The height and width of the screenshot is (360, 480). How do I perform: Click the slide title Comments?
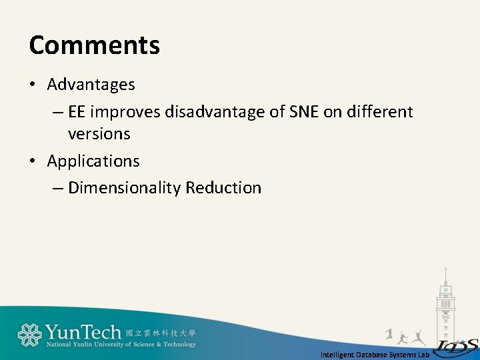(x=95, y=45)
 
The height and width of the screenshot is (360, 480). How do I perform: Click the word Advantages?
(x=91, y=85)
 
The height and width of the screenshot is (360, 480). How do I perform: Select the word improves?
(x=125, y=112)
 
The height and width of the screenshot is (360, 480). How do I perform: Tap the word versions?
(x=99, y=134)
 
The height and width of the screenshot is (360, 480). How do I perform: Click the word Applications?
(x=93, y=161)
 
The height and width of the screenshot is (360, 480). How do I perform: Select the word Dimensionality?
(x=124, y=188)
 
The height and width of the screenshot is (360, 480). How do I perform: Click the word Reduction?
(x=223, y=188)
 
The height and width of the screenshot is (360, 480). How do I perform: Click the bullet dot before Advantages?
(x=33, y=85)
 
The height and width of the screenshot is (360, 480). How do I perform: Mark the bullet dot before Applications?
(x=33, y=161)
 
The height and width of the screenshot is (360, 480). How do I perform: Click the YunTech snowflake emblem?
(x=29, y=335)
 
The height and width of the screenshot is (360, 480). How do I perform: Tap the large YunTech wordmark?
(x=83, y=332)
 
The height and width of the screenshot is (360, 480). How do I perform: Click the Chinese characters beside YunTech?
(x=161, y=333)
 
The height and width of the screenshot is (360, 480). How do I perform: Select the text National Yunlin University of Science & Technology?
(x=121, y=345)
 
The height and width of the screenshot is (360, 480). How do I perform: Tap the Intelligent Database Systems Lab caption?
(x=375, y=355)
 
